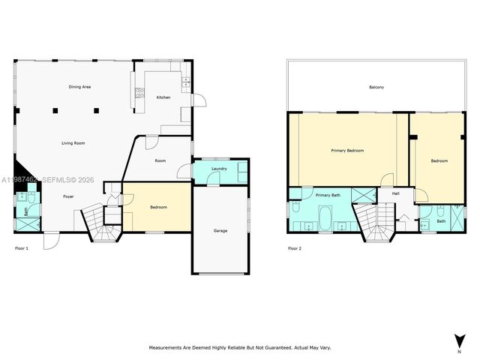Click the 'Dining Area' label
[79, 88]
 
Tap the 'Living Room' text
[73, 142]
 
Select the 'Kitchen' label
[163, 98]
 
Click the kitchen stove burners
[139, 94]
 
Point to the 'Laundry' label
[219, 169]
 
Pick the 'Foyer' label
[68, 196]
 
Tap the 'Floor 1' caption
[22, 247]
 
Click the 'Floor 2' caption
[295, 247]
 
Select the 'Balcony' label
[376, 88]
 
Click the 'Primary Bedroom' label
[347, 151]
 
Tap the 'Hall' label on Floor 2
[394, 194]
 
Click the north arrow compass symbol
[457, 340]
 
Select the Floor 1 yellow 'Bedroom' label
[158, 207]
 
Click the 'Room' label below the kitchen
[160, 160]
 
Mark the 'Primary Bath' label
[327, 195]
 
